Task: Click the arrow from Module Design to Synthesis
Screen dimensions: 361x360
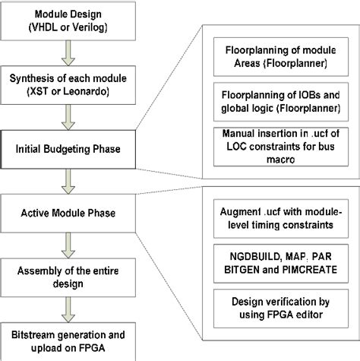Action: (x=69, y=52)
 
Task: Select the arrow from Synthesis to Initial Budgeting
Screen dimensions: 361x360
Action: (x=69, y=116)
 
